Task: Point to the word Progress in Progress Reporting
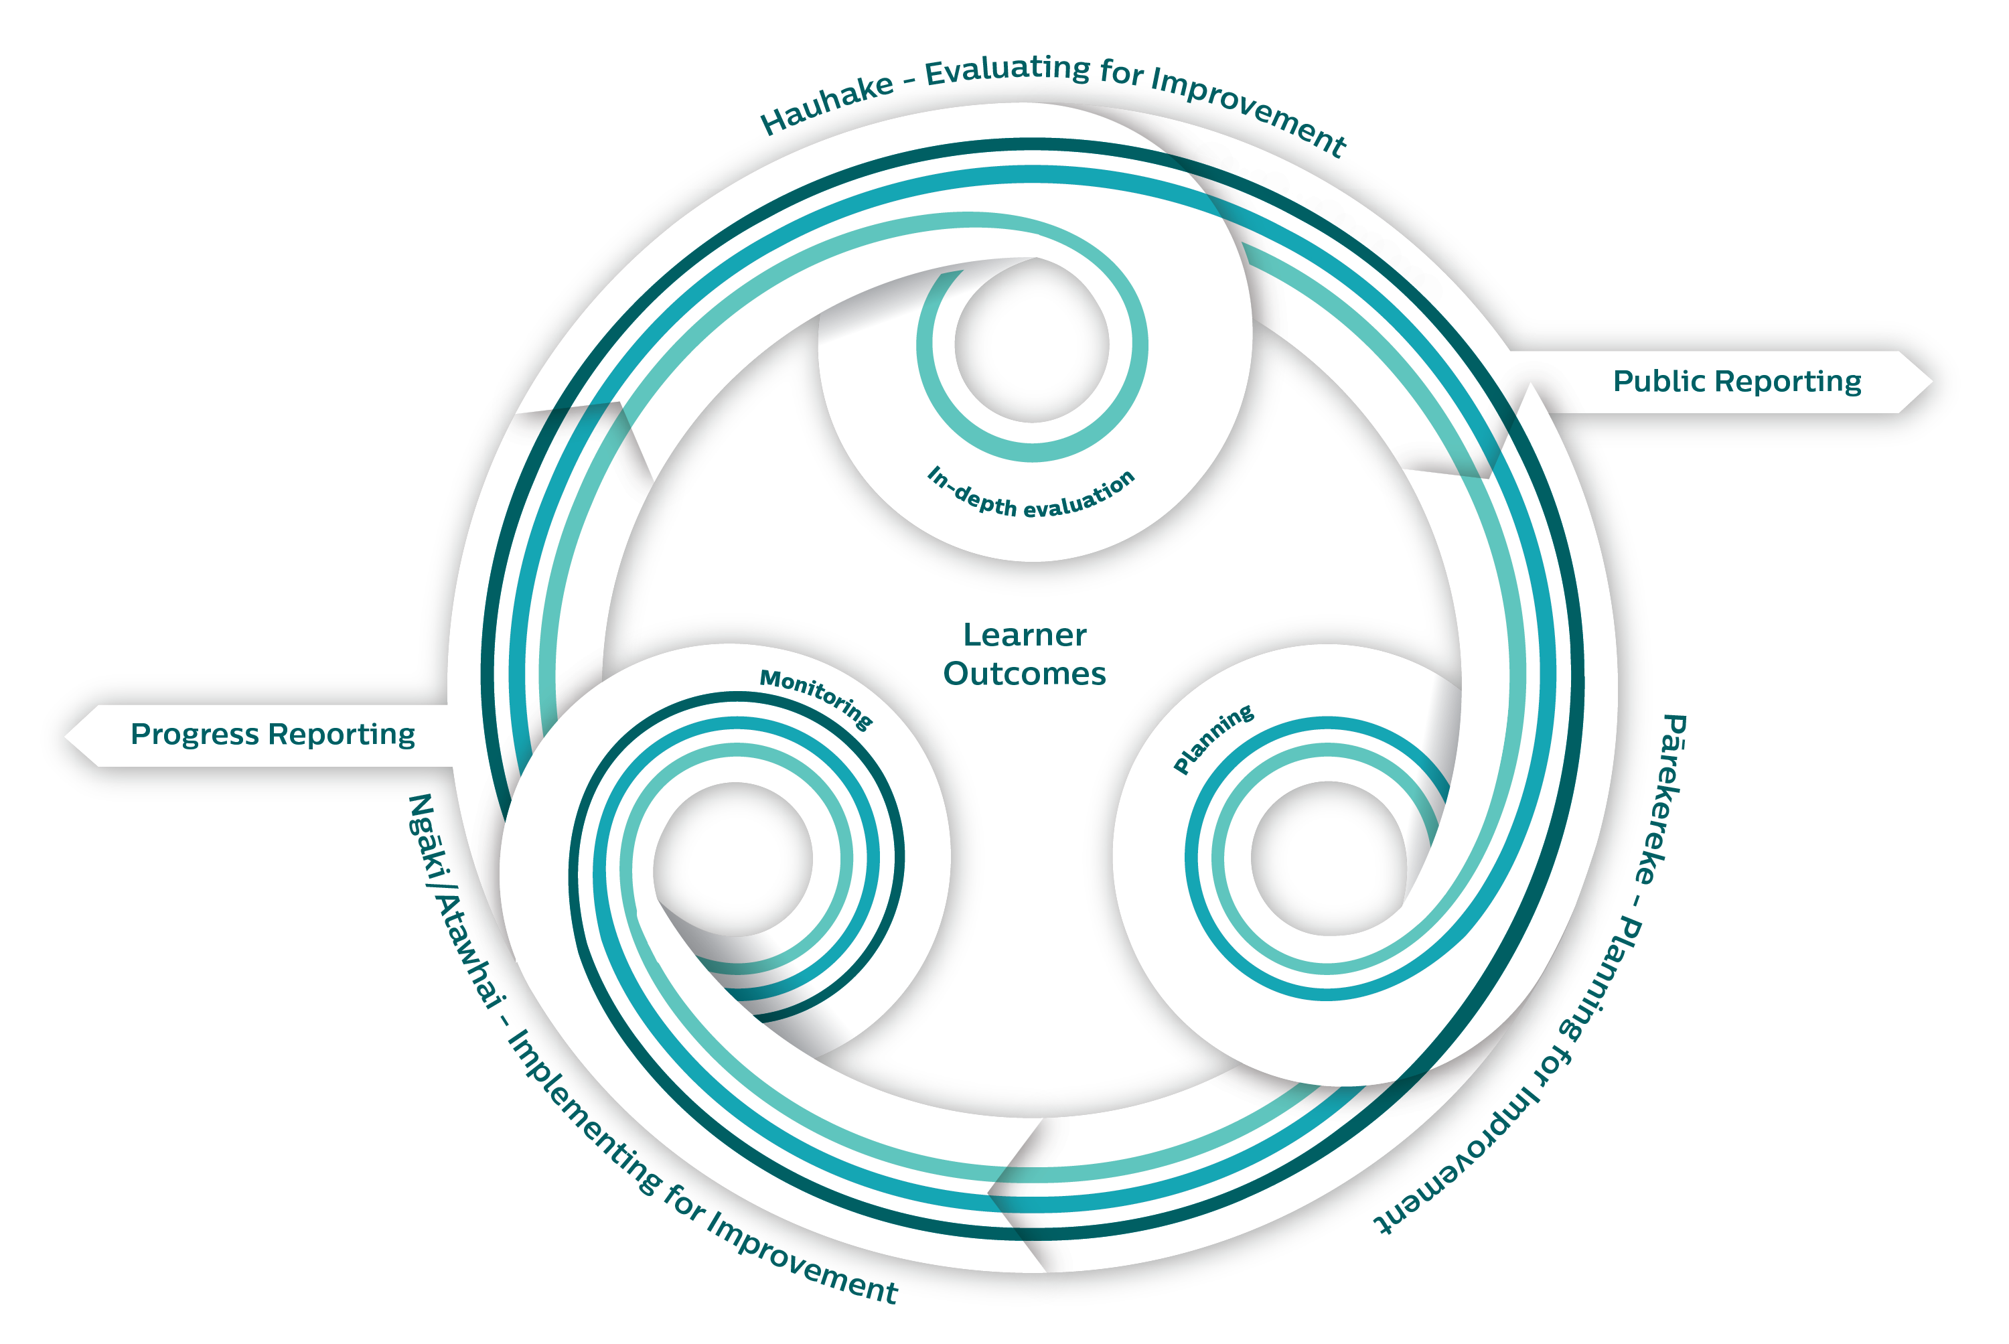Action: coord(195,735)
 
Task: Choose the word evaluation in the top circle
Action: coord(1080,496)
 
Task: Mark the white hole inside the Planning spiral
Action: coord(1328,858)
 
